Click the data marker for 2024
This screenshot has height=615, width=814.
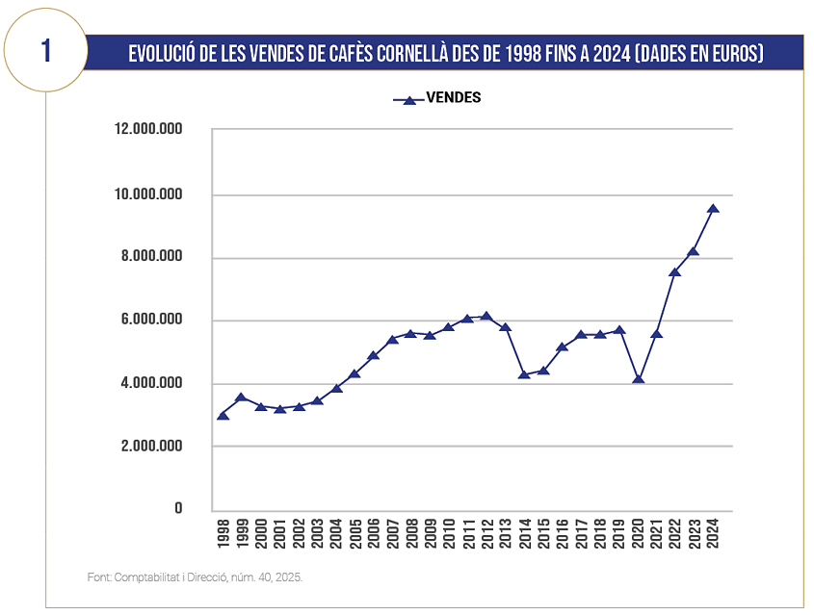pos(713,208)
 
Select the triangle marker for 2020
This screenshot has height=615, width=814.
pos(638,378)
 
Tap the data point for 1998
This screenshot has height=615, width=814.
pos(223,415)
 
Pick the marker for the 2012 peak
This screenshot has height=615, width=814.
pos(486,316)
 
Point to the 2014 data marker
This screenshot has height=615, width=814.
pos(524,373)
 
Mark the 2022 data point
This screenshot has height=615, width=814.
pos(675,272)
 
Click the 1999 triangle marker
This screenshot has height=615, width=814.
pos(242,397)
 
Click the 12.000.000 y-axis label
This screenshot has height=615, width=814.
pos(148,129)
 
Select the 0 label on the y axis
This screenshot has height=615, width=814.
pos(178,509)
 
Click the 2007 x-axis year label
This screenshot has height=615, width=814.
pos(393,532)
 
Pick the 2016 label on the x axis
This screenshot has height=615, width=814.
pos(563,532)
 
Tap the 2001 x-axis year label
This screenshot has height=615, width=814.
pos(279,532)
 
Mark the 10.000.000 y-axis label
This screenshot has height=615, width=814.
pos(148,194)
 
